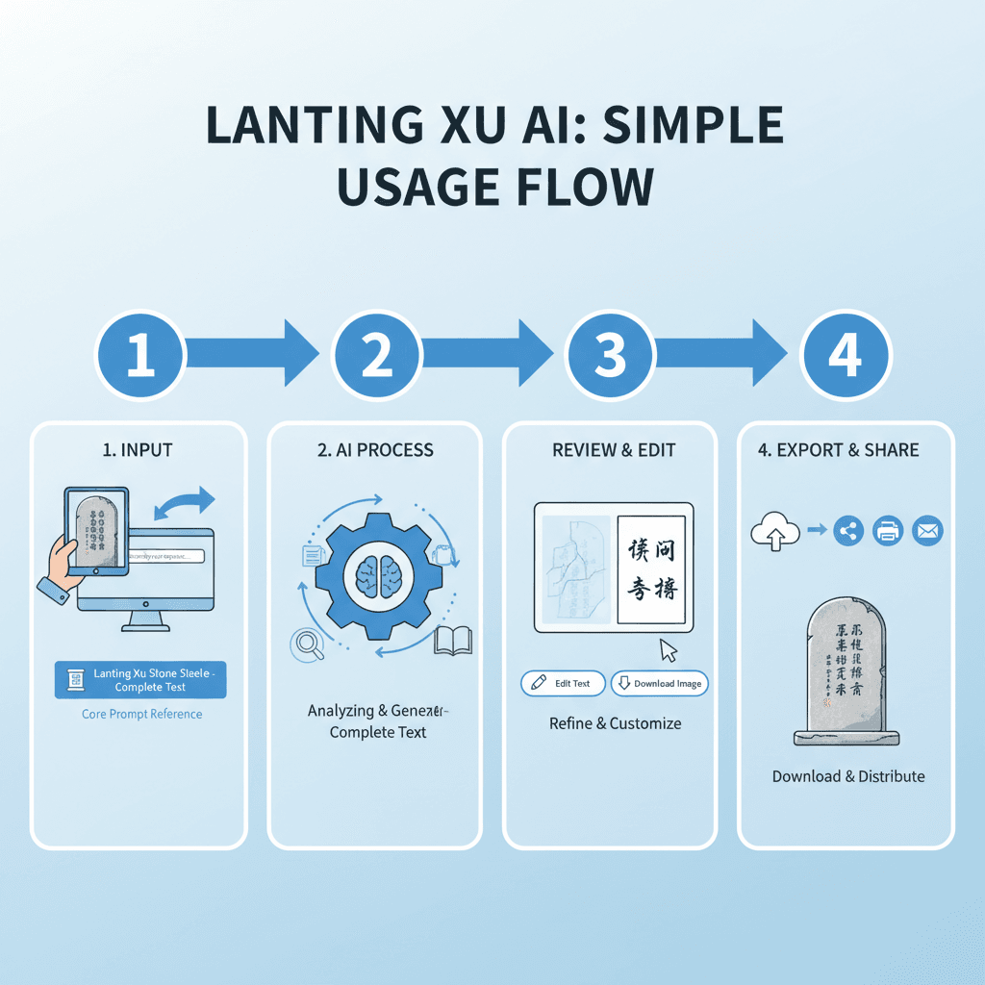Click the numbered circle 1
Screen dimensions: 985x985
pyautogui.click(x=140, y=355)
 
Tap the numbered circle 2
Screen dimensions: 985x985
pyautogui.click(x=376, y=355)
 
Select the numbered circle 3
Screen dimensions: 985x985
pyautogui.click(x=610, y=355)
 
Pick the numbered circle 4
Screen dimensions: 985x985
pyautogui.click(x=846, y=355)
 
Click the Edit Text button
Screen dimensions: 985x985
pyautogui.click(x=563, y=683)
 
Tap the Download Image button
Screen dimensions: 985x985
pyautogui.click(x=659, y=683)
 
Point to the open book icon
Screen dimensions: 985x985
pyautogui.click(x=453, y=640)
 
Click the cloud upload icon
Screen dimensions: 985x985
pyautogui.click(x=772, y=529)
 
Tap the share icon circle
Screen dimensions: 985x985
pyautogui.click(x=847, y=529)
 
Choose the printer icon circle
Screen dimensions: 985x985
pyautogui.click(x=888, y=529)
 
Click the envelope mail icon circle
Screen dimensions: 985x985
pyautogui.click(x=927, y=529)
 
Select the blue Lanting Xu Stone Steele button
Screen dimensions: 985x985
pyautogui.click(x=140, y=680)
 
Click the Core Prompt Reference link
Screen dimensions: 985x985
pyautogui.click(x=141, y=714)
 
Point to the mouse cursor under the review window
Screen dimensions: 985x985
pyautogui.click(x=669, y=650)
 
